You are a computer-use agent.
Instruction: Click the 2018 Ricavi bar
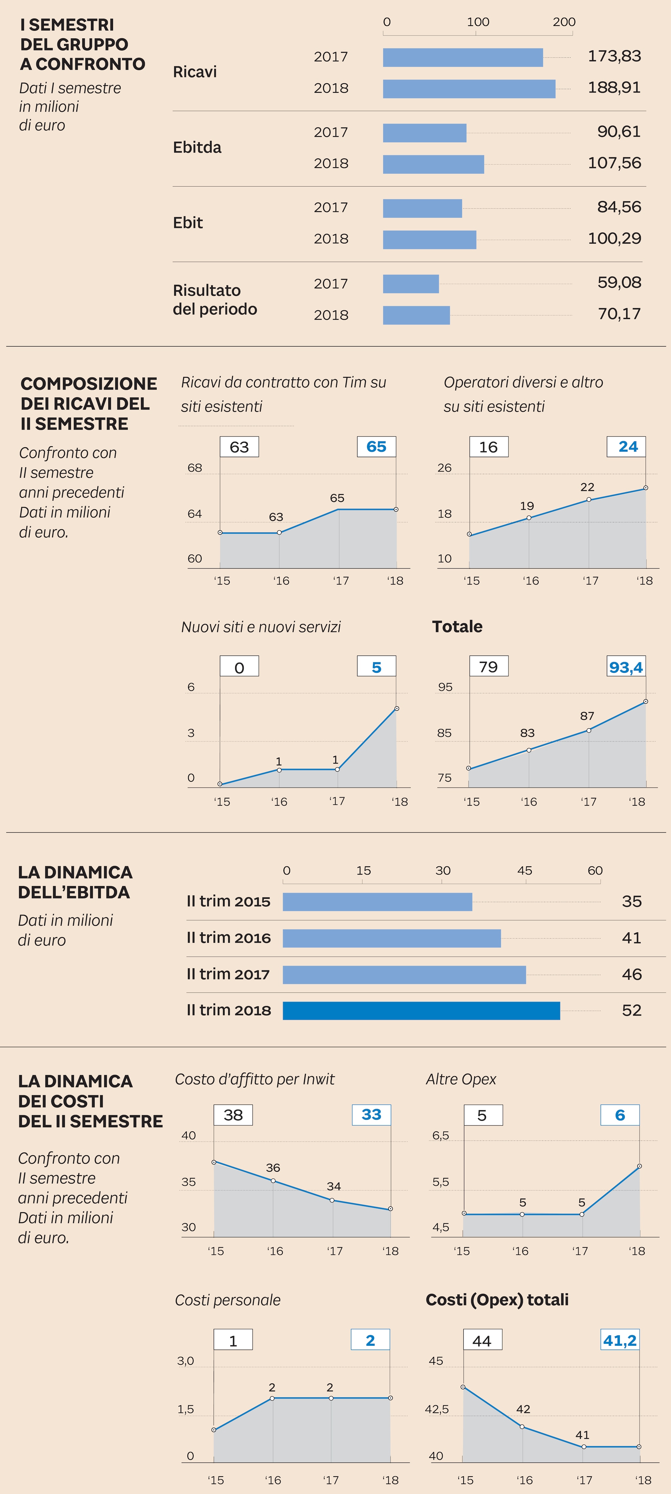tap(469, 89)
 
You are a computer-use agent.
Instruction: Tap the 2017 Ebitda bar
tap(424, 133)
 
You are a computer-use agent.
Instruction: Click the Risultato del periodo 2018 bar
tap(416, 315)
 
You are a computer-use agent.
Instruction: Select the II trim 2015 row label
tap(228, 901)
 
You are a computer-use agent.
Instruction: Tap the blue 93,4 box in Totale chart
tap(626, 667)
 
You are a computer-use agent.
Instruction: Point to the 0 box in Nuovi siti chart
tap(239, 667)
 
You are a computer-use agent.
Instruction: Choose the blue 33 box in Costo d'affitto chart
tap(372, 1115)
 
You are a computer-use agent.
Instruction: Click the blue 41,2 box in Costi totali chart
tap(620, 1340)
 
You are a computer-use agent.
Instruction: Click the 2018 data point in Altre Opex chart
tap(639, 1166)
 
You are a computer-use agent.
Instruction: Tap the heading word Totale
tap(457, 626)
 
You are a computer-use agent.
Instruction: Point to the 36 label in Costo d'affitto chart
tap(273, 1167)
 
